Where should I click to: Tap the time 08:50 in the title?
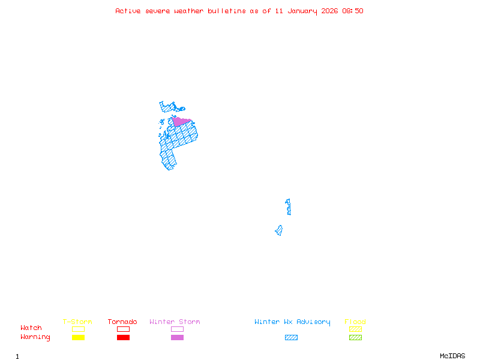(353, 11)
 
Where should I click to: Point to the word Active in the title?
(128, 11)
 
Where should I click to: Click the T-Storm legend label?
(77, 322)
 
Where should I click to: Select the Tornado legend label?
(122, 322)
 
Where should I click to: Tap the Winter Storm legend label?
(175, 322)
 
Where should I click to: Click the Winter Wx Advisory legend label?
(292, 322)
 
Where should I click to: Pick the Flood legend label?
(355, 322)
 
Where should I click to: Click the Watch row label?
(31, 328)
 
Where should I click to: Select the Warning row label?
(35, 337)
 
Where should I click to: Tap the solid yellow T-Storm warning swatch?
(78, 338)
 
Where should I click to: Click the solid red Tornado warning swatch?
(123, 338)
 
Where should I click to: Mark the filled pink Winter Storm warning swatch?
(177, 338)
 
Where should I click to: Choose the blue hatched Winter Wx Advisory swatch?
(291, 338)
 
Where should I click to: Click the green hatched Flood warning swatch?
(355, 338)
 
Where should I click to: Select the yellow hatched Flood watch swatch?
(355, 329)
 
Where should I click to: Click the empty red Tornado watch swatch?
(123, 329)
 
